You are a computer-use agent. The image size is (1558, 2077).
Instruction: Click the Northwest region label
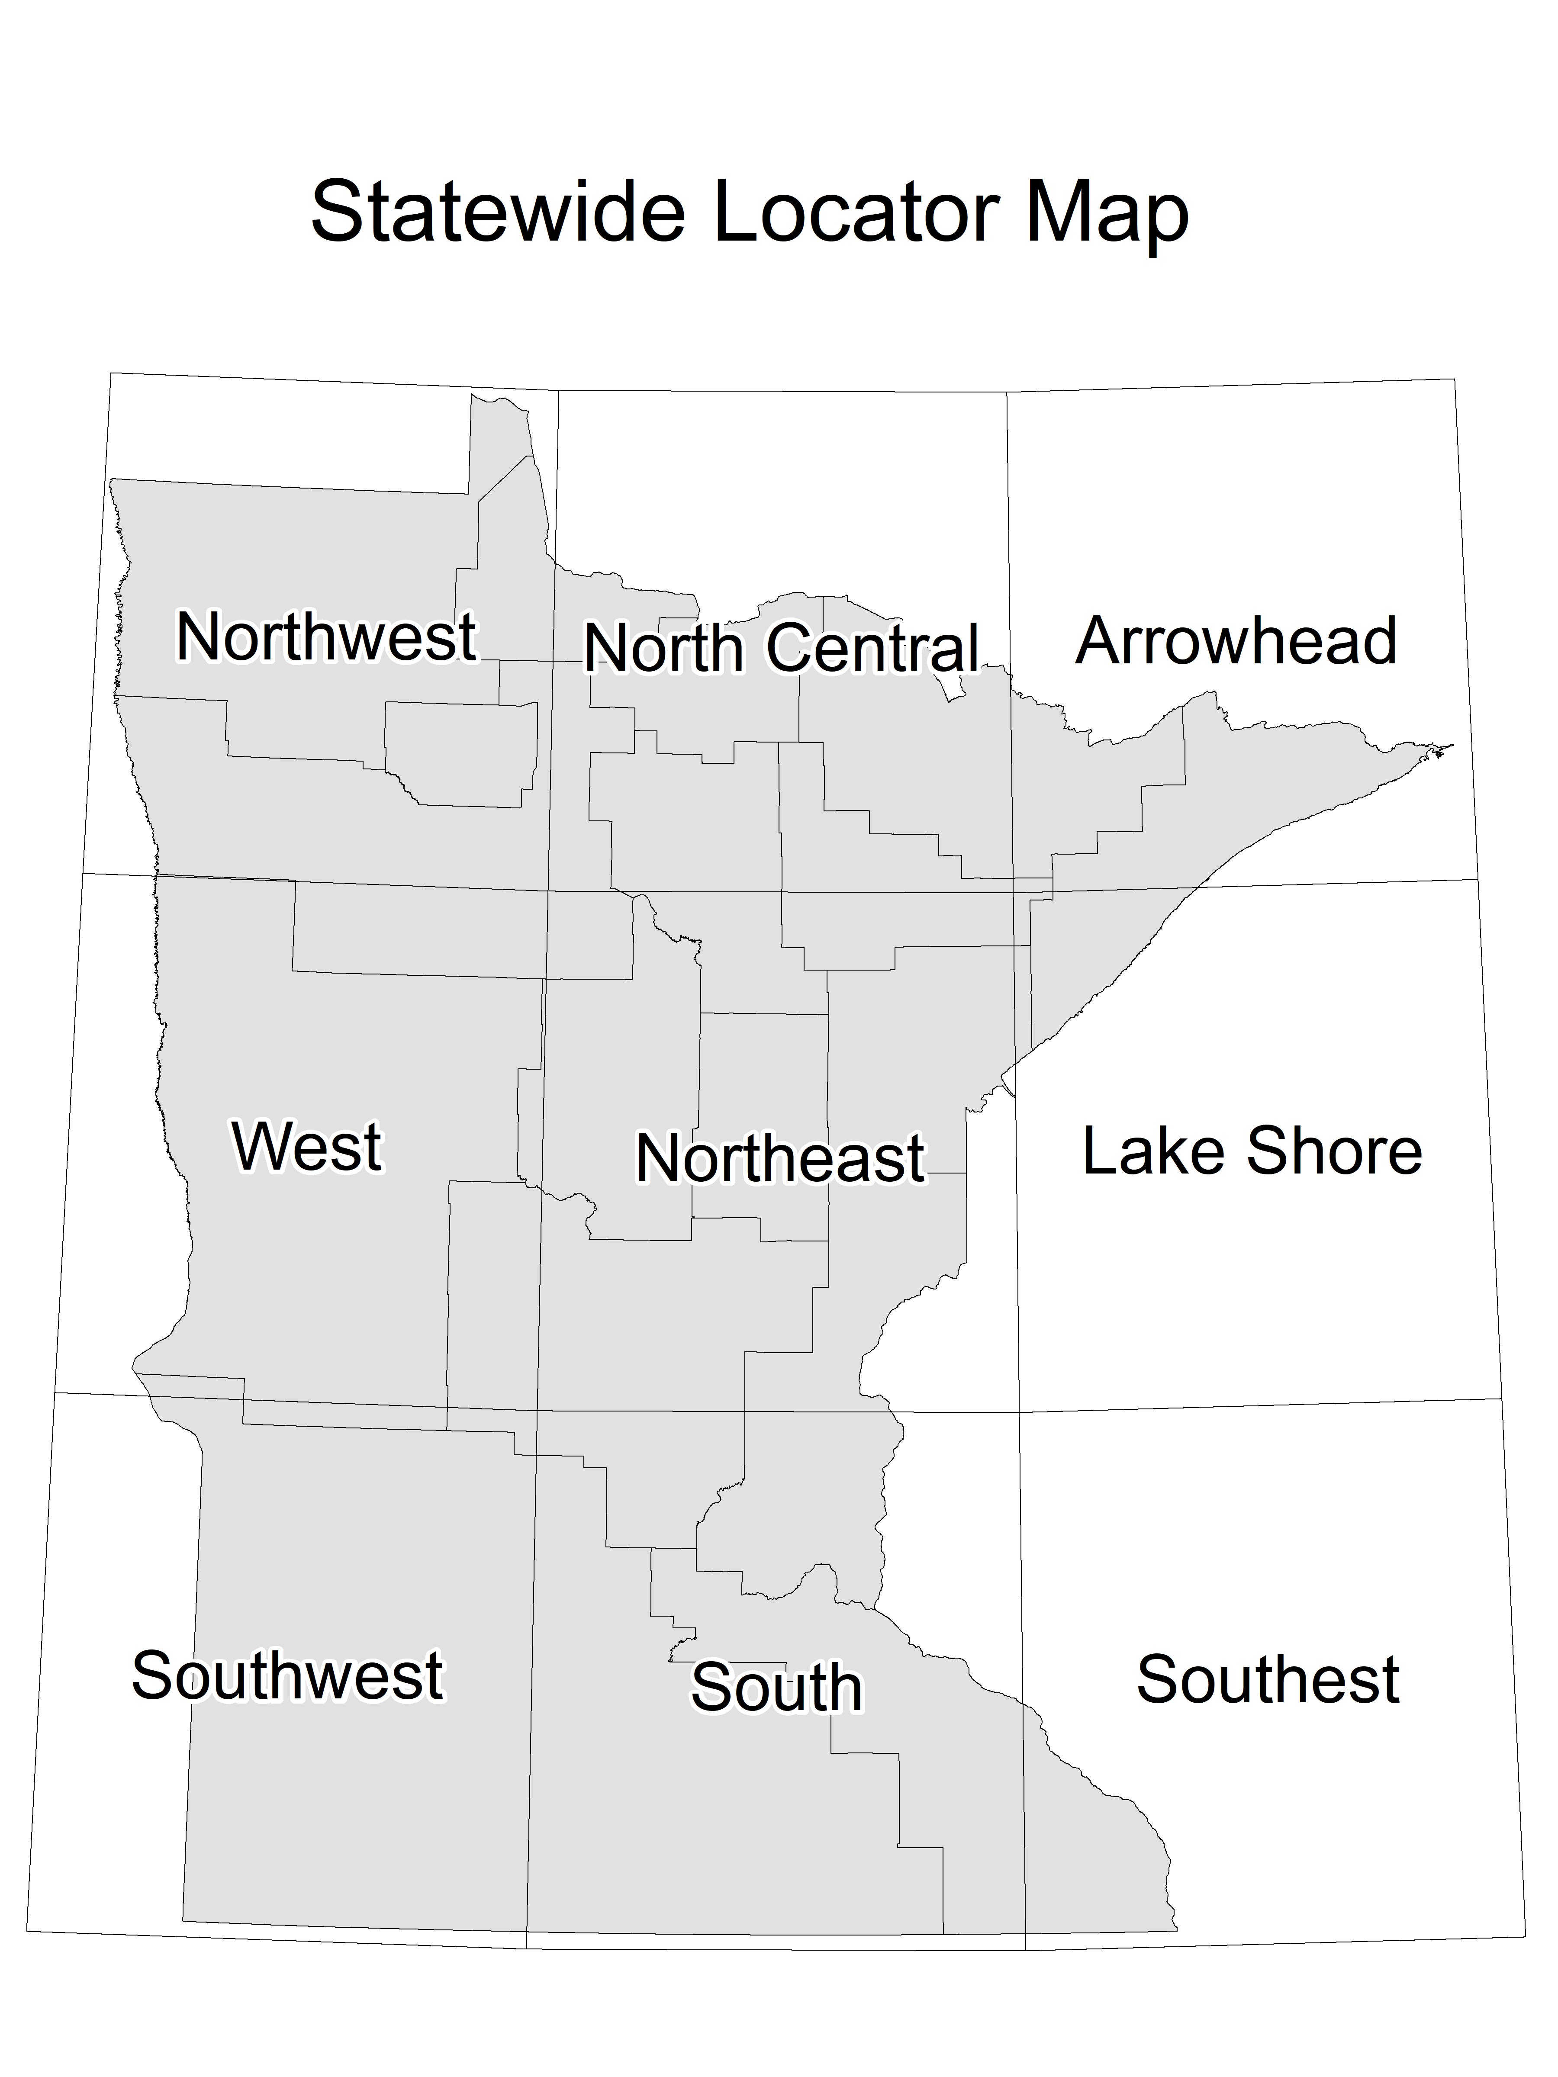point(326,637)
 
